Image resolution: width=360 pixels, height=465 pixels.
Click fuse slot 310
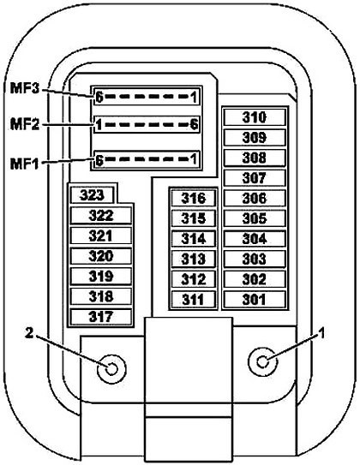pos(255,117)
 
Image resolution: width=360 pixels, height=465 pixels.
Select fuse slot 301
pos(255,300)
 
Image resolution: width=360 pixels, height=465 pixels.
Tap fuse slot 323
pos(92,195)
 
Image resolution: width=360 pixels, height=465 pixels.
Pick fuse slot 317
pos(101,317)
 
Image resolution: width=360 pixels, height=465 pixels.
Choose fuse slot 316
pos(193,198)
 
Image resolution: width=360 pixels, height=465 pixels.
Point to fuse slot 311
pos(193,300)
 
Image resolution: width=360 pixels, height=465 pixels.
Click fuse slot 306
pos(255,198)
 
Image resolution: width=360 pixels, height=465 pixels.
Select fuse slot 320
pos(101,256)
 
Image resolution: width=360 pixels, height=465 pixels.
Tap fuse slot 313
pos(193,259)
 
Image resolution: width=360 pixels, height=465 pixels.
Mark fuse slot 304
pos(255,238)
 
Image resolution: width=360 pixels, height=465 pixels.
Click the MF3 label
pos(25,88)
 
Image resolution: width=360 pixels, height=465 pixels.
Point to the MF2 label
pos(25,124)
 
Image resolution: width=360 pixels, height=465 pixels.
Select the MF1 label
pos(25,164)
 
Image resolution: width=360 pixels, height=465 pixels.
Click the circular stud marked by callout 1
pos(262,361)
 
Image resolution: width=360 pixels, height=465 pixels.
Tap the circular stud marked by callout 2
pos(111,369)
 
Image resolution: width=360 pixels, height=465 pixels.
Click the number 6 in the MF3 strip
pos(99,97)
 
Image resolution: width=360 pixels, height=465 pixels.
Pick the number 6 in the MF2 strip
pos(194,124)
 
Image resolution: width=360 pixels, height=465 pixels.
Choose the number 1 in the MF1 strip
pos(194,159)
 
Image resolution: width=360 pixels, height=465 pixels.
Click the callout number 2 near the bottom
pos(29,333)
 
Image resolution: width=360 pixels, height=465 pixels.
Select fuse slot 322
pos(101,215)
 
